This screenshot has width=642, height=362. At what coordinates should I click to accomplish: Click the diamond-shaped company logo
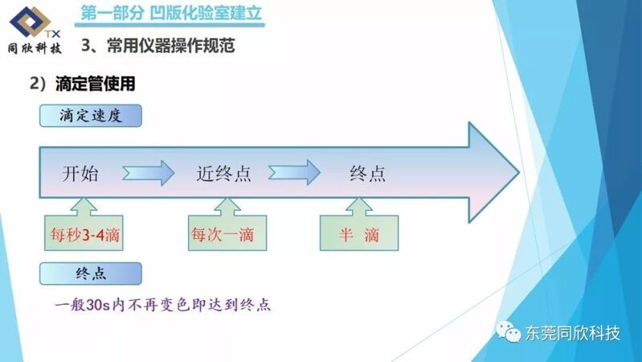31,22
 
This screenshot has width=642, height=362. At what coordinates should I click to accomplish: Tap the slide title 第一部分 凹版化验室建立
170,13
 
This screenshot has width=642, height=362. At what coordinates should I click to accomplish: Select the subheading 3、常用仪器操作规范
158,45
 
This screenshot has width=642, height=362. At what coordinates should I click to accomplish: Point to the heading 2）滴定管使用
82,84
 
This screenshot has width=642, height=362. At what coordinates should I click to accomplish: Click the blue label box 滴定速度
91,116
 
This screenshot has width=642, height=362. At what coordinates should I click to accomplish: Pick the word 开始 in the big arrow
80,173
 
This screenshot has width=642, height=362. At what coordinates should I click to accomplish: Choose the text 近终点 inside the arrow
223,173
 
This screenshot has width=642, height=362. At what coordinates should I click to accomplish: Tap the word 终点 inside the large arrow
368,173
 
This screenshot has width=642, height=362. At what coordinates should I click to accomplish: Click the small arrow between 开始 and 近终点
148,173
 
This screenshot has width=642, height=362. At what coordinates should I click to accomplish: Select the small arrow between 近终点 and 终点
294,172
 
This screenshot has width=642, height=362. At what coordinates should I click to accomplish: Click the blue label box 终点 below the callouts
91,274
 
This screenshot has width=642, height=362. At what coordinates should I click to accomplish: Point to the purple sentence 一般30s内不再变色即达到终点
163,305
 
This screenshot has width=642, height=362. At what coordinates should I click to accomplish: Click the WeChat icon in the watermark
508,331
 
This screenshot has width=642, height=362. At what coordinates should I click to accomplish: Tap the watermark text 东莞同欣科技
573,333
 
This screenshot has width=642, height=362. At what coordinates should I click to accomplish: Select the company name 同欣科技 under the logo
35,48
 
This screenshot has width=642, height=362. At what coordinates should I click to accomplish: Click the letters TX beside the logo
53,34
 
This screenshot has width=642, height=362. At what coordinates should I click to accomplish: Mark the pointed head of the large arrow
519,172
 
